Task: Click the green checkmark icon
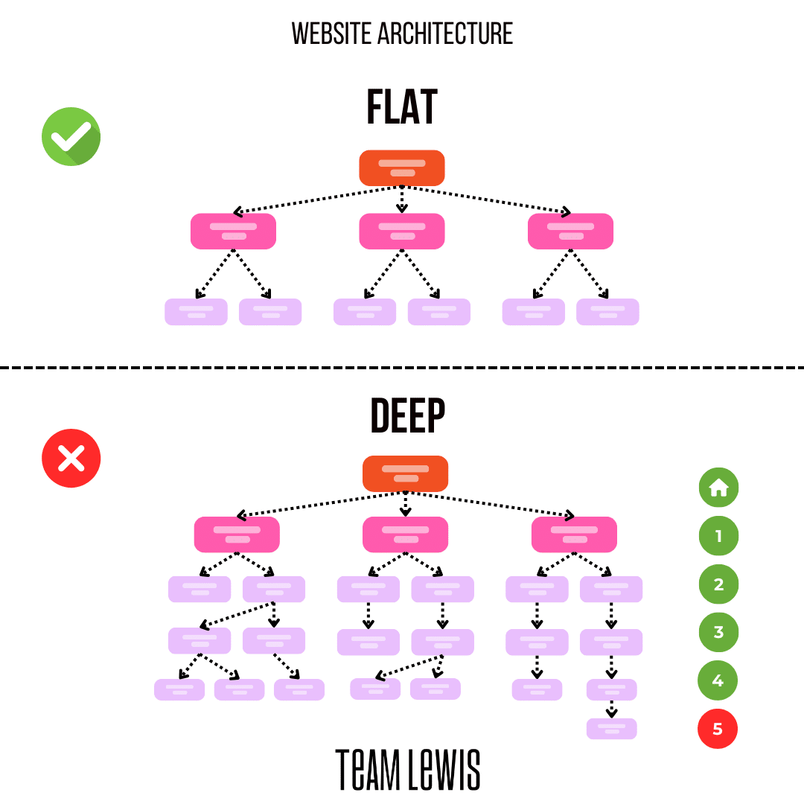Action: (71, 136)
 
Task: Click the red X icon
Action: (71, 458)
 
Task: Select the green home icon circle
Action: (718, 488)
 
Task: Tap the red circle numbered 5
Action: (718, 729)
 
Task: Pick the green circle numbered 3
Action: (718, 633)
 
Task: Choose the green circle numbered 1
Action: (718, 536)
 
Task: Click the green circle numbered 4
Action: (718, 680)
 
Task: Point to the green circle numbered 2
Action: (718, 584)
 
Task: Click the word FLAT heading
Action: (402, 108)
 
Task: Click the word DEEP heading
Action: (407, 416)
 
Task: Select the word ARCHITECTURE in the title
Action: (447, 33)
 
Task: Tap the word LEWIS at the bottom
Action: (444, 769)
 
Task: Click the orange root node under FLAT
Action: (402, 167)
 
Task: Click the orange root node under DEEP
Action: (405, 473)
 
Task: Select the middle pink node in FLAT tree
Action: (402, 231)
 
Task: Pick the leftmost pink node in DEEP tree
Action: (237, 535)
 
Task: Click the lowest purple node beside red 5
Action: (611, 729)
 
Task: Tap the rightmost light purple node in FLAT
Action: (607, 312)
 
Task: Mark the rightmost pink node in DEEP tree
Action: (574, 535)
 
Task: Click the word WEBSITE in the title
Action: (331, 33)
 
